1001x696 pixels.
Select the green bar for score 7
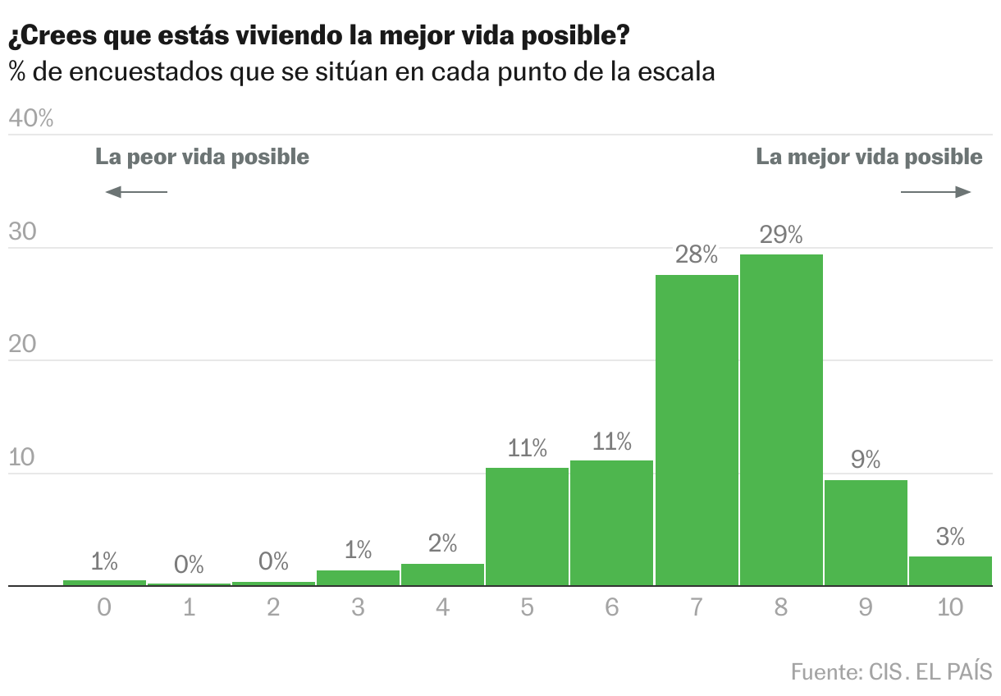pyautogui.click(x=697, y=430)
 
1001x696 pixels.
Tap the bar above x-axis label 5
pyautogui.click(x=527, y=527)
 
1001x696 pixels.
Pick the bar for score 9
pyautogui.click(x=866, y=533)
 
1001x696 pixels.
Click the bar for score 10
pyautogui.click(x=950, y=571)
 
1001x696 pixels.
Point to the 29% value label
pyautogui.click(x=781, y=236)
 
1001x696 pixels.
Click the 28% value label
pyautogui.click(x=697, y=255)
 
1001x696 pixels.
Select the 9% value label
pyautogui.click(x=866, y=460)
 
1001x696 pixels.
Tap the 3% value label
pyautogui.click(x=950, y=538)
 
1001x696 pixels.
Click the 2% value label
pyautogui.click(x=442, y=543)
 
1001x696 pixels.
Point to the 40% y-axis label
pyautogui.click(x=31, y=119)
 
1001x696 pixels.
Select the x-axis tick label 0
pyautogui.click(x=104, y=608)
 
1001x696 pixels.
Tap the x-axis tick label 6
pyautogui.click(x=611, y=608)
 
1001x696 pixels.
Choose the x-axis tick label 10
pyautogui.click(x=950, y=608)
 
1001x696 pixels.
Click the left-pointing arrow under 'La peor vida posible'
pyautogui.click(x=136, y=192)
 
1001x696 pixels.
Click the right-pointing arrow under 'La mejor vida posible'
pyautogui.click(x=936, y=192)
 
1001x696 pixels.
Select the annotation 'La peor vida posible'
pyautogui.click(x=203, y=157)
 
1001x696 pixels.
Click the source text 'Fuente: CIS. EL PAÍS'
pyautogui.click(x=892, y=671)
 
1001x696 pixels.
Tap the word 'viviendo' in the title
pyautogui.click(x=299, y=36)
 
